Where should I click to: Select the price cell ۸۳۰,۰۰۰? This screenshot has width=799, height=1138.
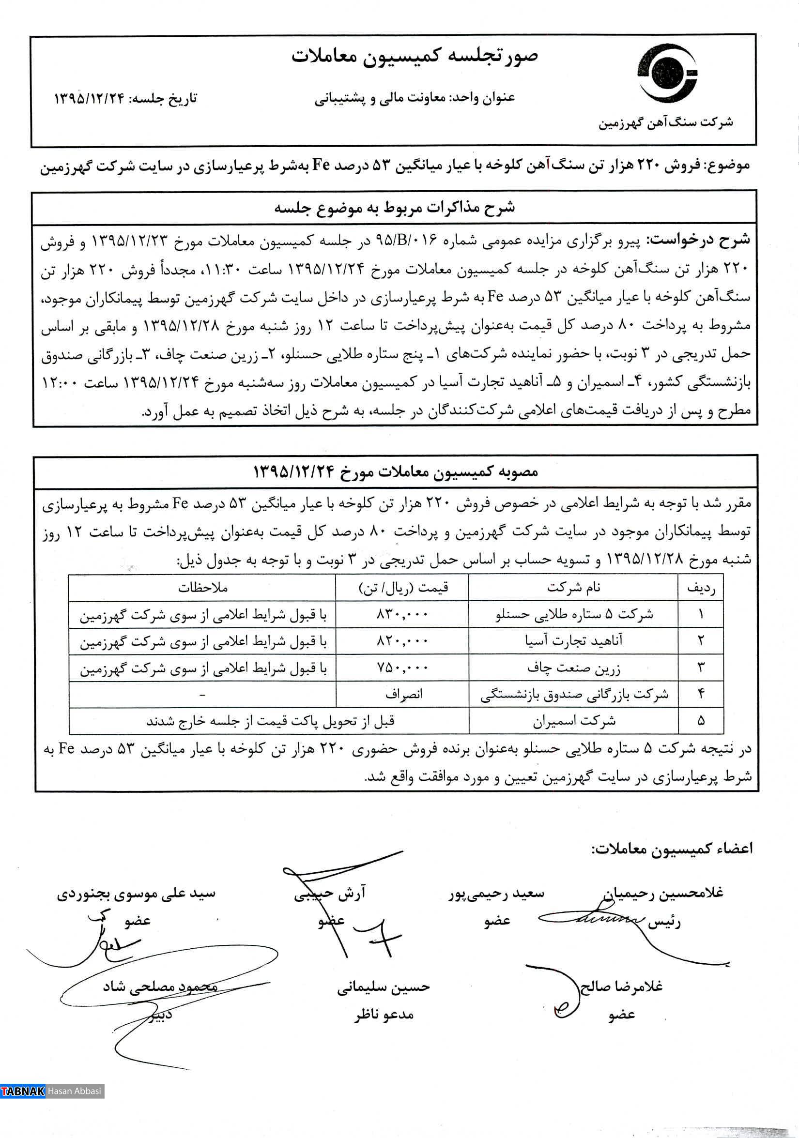pyautogui.click(x=402, y=615)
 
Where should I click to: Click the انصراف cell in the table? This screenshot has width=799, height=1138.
pyautogui.click(x=403, y=695)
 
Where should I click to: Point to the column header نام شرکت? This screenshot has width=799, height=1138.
pyautogui.click(x=573, y=588)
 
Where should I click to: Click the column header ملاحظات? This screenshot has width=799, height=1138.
pyautogui.click(x=202, y=588)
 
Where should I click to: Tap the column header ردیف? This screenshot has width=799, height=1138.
pyautogui.click(x=700, y=588)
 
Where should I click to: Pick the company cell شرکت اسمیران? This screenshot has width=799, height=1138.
pyautogui.click(x=574, y=721)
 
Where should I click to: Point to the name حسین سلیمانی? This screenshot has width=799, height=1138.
pyautogui.click(x=383, y=987)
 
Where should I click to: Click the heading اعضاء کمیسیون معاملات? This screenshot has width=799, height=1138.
pyautogui.click(x=672, y=849)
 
